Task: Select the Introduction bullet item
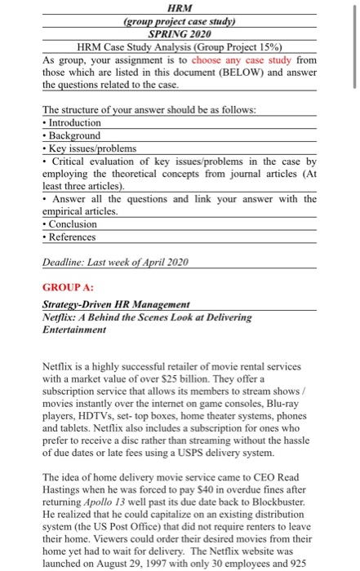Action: point(74,122)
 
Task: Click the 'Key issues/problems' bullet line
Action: point(91,148)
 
